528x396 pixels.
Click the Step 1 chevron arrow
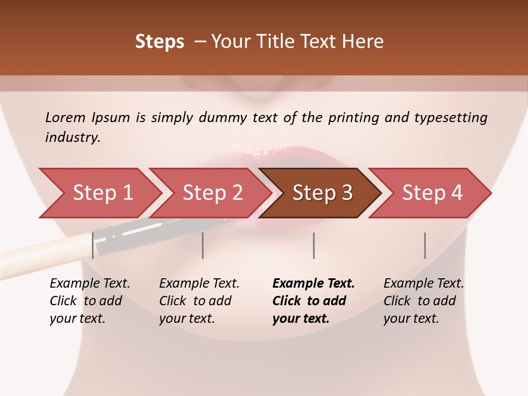[102, 193]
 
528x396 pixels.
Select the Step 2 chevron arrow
[212, 193]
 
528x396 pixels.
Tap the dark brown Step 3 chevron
[322, 193]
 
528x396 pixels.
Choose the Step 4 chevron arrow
[432, 193]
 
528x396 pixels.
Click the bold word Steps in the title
[159, 42]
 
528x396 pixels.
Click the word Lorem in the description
[65, 117]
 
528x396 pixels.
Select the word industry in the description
[72, 137]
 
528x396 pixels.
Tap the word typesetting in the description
[450, 118]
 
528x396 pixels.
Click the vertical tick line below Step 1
[92, 245]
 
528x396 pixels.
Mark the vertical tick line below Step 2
[203, 245]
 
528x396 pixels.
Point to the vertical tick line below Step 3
[313, 245]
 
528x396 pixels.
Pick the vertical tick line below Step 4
[425, 245]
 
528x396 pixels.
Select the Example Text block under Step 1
[90, 301]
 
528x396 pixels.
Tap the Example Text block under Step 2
[199, 301]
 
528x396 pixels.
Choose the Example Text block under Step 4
[424, 301]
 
